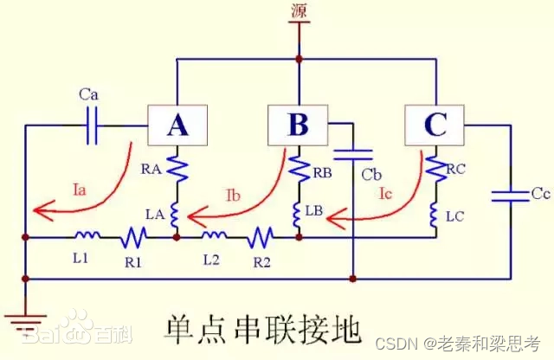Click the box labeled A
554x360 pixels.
[177, 126]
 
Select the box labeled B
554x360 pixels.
[297, 126]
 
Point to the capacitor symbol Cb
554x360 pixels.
[354, 156]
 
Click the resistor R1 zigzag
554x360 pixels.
[133, 235]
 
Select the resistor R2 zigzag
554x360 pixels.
[261, 235]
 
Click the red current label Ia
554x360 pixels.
[79, 184]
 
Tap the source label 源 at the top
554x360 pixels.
[299, 11]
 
